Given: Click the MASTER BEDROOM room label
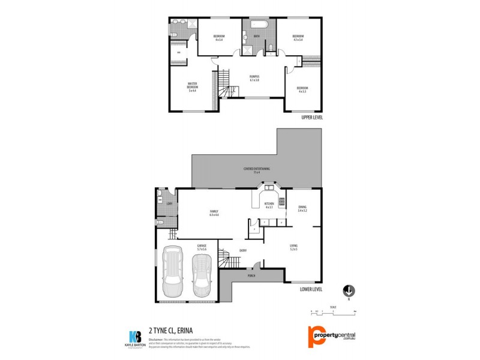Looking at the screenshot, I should click(x=193, y=86).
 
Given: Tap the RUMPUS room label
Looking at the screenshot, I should click(x=254, y=78).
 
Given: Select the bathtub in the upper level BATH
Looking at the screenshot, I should click(x=259, y=26).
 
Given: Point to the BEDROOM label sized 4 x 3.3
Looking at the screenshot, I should click(x=301, y=90).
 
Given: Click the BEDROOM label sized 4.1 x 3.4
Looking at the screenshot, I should click(x=298, y=38).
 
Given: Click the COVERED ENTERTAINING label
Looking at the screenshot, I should click(x=256, y=170).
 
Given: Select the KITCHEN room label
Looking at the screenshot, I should click(x=269, y=205).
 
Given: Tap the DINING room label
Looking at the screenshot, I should click(x=302, y=209).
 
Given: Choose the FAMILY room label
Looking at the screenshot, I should click(x=213, y=213).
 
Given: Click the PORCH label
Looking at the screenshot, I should click(x=251, y=277).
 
